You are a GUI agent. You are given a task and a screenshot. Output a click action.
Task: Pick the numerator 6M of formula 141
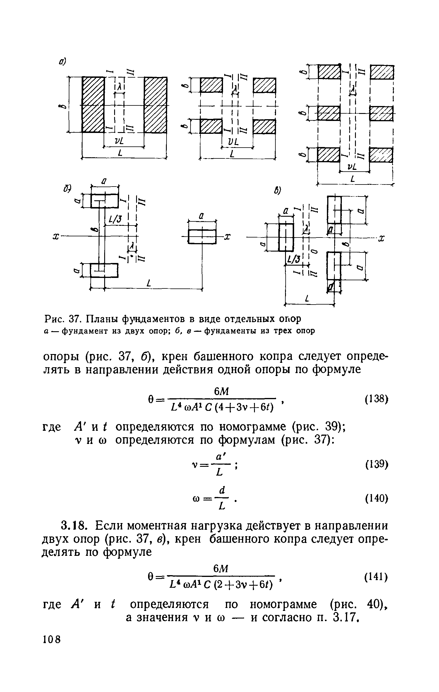221,569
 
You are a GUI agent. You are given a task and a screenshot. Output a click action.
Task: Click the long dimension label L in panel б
150,283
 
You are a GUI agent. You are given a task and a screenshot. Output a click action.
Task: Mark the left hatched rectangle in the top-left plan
93,105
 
